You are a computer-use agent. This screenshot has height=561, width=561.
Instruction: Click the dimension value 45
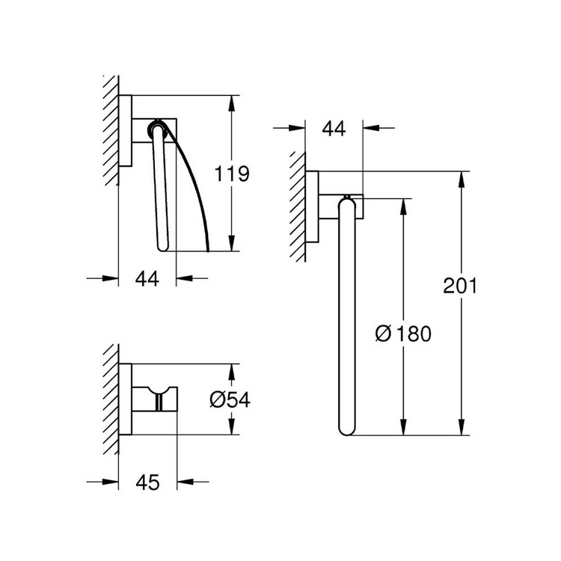click(148, 483)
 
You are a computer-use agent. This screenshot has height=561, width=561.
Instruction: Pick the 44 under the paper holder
click(148, 279)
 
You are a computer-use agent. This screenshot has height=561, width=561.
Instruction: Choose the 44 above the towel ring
click(333, 129)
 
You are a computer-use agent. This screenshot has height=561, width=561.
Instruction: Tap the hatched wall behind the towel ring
click(298, 205)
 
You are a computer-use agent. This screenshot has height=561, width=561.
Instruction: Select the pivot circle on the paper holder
click(157, 126)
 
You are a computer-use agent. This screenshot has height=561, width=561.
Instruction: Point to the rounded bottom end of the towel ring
click(348, 429)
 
